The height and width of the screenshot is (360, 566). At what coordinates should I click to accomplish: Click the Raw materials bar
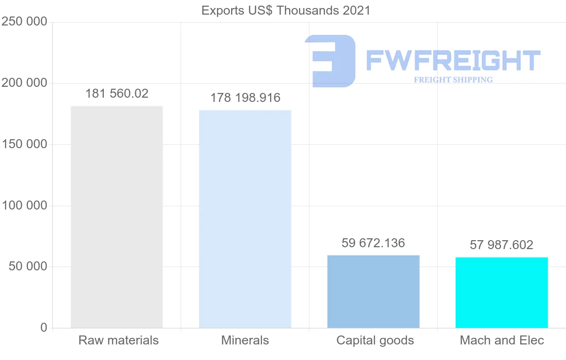coord(117,217)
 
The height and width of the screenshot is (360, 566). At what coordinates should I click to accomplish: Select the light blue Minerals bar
coord(245,219)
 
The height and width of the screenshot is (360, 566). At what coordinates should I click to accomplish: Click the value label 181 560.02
coord(117,93)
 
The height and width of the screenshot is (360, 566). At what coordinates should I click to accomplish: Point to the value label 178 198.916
coord(245,98)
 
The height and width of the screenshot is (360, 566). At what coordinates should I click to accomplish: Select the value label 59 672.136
coord(373,243)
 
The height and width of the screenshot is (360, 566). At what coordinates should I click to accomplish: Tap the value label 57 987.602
coord(501,245)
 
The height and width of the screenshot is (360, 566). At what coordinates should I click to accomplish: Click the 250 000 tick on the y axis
coord(24,22)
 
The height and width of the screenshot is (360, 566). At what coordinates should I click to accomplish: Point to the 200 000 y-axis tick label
coord(24,83)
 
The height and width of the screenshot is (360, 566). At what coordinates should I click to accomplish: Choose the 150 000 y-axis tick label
coord(24,144)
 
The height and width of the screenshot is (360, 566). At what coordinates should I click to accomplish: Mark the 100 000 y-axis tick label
coord(24,206)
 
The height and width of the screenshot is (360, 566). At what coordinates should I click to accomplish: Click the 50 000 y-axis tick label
coord(28,267)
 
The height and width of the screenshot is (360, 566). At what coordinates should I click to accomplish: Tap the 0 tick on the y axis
coord(44,327)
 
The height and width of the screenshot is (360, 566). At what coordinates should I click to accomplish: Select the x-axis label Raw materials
coord(118,340)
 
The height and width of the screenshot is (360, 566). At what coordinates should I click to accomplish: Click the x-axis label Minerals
coord(245,340)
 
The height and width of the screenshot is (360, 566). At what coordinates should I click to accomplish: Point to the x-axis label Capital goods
coord(375,340)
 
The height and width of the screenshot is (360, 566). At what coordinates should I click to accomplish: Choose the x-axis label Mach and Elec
coord(502,340)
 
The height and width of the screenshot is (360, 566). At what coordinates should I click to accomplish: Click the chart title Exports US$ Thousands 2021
coord(286,10)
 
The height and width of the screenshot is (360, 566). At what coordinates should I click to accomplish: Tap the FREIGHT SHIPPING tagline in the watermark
coord(453,80)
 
